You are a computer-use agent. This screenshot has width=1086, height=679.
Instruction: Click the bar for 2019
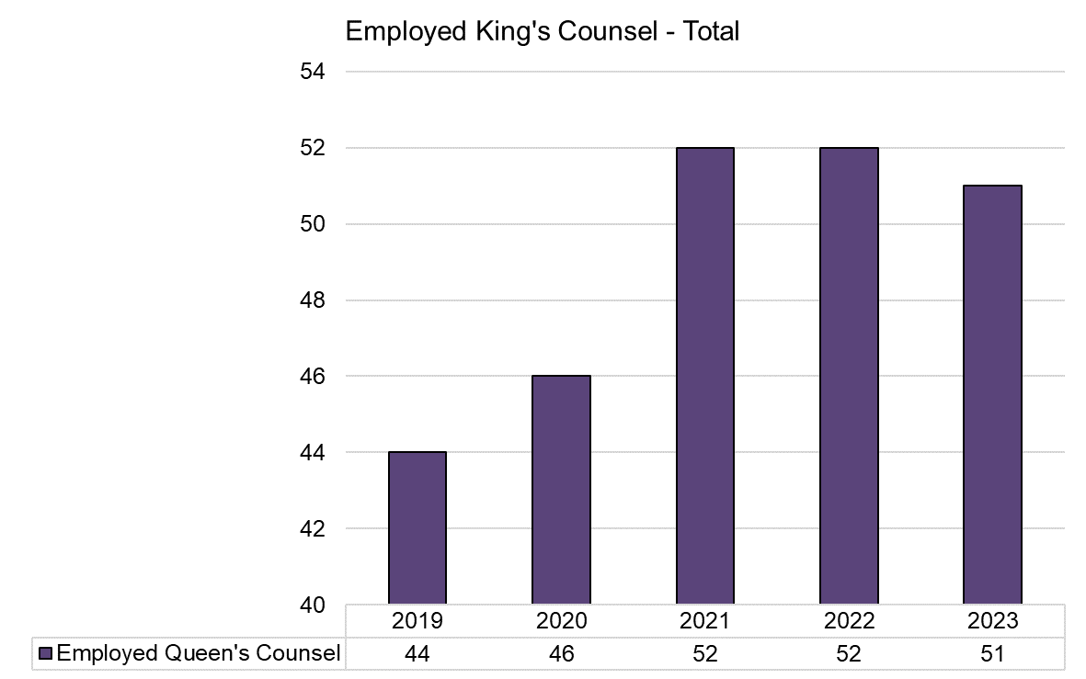[x=417, y=528]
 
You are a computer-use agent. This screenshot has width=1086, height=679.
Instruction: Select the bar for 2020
[x=561, y=490]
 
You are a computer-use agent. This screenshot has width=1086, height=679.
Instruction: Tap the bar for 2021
[x=705, y=376]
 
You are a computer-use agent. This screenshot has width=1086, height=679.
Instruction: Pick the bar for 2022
[x=849, y=376]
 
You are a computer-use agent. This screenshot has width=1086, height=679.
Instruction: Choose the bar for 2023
[x=992, y=395]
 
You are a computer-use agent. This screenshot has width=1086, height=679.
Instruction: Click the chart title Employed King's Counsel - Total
[x=542, y=32]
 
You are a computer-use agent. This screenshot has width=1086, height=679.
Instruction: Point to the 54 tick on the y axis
[x=314, y=72]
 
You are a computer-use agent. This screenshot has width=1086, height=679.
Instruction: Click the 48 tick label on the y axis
[x=314, y=300]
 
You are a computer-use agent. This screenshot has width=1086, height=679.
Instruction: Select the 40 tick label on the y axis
[x=314, y=605]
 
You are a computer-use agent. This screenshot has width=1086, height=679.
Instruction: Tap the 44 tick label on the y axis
[x=314, y=453]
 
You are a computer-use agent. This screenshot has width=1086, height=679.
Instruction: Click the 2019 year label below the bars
[x=417, y=621]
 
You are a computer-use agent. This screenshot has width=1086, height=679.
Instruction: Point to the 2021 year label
[x=705, y=621]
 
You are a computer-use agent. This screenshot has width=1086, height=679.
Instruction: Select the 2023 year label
[x=992, y=621]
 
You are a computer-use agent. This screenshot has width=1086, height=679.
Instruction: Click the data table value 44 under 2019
[x=417, y=653]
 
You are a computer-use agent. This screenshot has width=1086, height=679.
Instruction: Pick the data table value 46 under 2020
[x=561, y=653]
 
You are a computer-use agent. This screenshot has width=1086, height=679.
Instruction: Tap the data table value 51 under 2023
[x=992, y=653]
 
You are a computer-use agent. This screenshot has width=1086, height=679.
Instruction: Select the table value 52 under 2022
[x=849, y=653]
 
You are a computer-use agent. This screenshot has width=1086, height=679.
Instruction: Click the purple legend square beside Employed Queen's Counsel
[x=46, y=653]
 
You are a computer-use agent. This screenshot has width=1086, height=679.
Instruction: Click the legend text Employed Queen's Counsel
[x=198, y=653]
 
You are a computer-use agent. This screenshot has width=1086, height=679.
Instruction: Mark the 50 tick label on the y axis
[x=314, y=224]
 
